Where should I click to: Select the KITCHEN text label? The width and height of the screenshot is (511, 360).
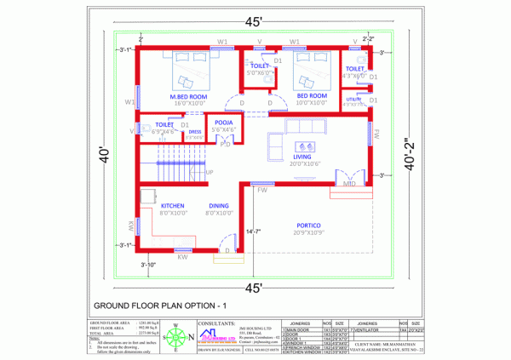click(173, 206)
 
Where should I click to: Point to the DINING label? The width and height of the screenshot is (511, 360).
click(219, 206)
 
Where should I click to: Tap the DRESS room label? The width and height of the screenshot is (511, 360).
click(195, 132)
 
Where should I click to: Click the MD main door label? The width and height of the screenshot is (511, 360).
click(349, 184)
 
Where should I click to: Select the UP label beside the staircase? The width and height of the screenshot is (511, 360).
click(210, 172)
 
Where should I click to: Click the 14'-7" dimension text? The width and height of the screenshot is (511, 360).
click(253, 231)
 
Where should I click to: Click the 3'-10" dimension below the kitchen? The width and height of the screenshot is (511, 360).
click(149, 265)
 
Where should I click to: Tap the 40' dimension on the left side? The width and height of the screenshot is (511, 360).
click(104, 157)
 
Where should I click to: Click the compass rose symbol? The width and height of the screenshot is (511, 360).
click(175, 338)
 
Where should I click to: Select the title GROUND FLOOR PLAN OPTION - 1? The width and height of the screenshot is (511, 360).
click(160, 305)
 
